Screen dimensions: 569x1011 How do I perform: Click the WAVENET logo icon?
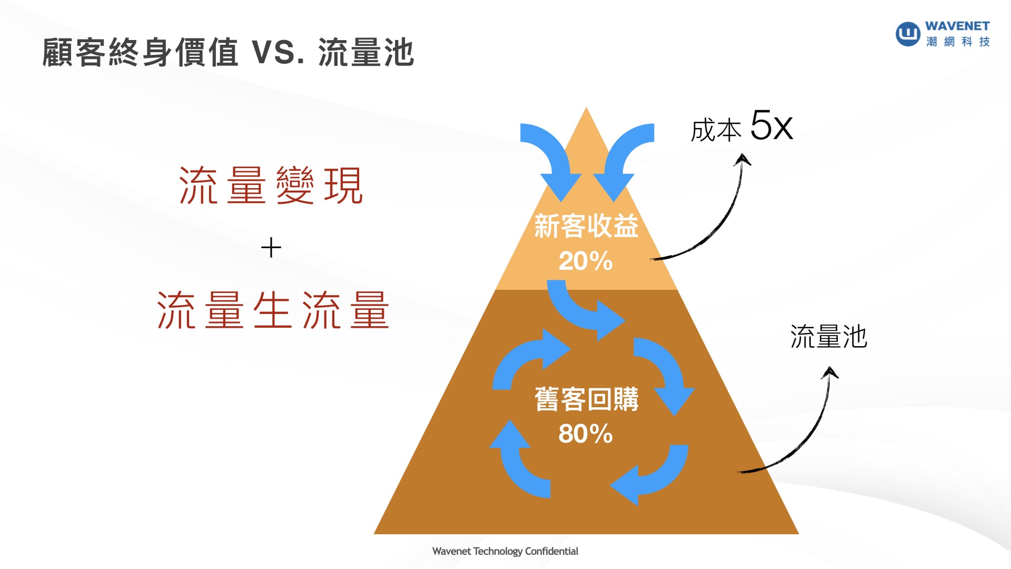click(908, 34)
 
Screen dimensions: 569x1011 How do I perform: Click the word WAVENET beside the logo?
click(957, 26)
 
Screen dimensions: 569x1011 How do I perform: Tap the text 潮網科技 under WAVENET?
click(958, 42)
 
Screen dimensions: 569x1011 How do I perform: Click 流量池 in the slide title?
click(366, 53)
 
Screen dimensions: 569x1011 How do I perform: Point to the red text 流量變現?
click(271, 185)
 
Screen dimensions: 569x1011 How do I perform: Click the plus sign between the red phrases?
click(271, 248)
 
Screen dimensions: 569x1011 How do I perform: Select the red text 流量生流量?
click(273, 311)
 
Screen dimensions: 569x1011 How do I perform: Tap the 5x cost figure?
click(771, 126)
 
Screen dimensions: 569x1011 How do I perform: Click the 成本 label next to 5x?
click(716, 130)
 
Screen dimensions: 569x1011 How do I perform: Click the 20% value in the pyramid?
click(586, 261)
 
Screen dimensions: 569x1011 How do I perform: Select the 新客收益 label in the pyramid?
click(586, 227)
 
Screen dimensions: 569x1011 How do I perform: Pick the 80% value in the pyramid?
click(586, 434)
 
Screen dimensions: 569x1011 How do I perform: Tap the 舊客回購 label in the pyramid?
click(586, 399)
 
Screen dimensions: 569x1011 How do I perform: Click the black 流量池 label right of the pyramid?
click(828, 337)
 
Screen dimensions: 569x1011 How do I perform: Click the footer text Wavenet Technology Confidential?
click(505, 551)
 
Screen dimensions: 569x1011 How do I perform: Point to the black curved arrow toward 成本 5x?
click(721, 221)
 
